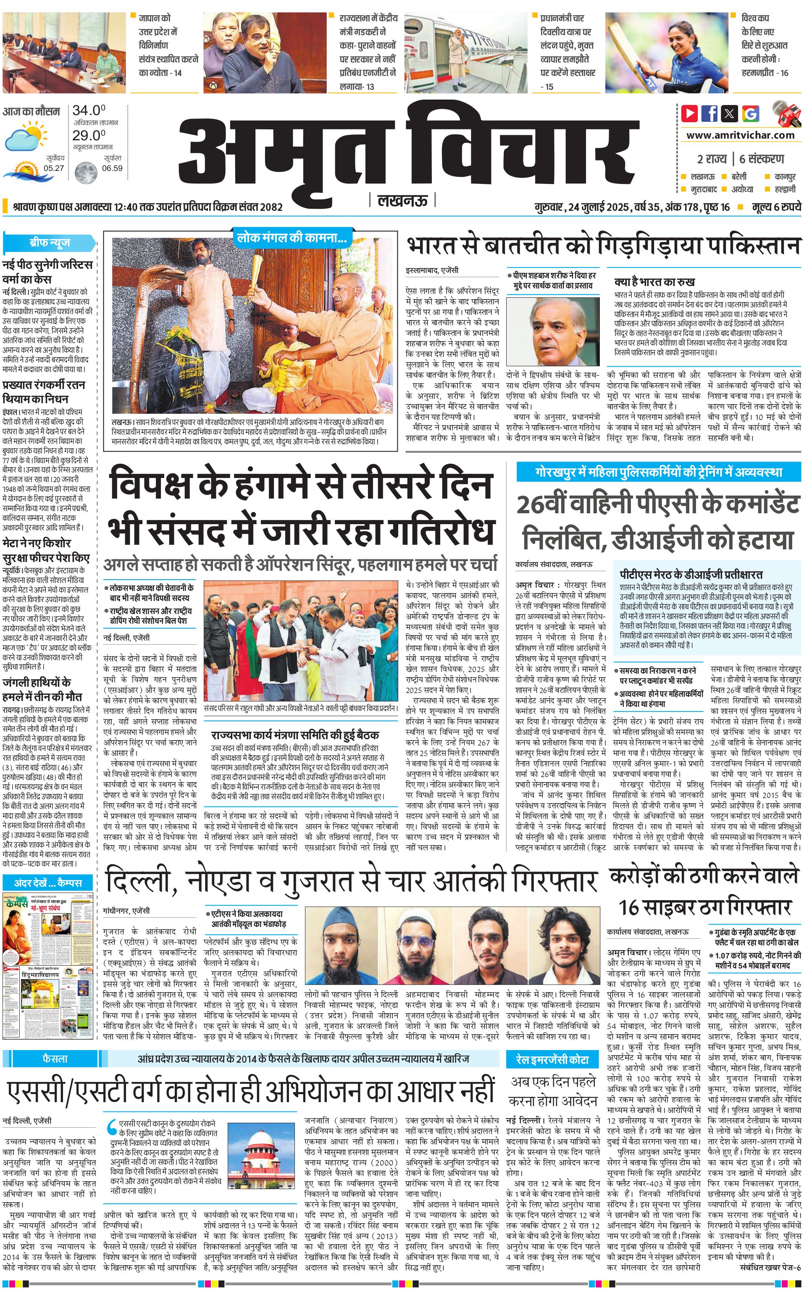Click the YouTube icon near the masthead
coord(689,113)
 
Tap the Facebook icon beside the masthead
coord(709,113)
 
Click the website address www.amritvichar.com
coord(740,135)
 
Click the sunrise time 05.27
coord(54,168)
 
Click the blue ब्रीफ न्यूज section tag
coord(50,243)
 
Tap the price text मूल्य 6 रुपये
coord(776,207)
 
